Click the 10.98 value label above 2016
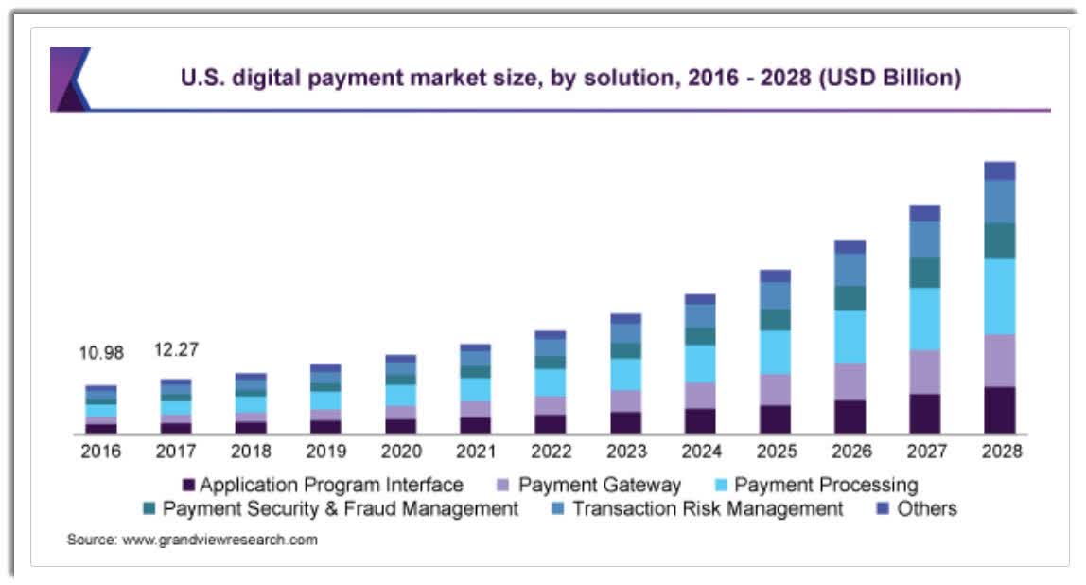pyautogui.click(x=102, y=353)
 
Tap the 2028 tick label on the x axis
pyautogui.click(x=1001, y=452)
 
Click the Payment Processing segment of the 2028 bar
pyautogui.click(x=1000, y=296)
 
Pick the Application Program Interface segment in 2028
pyautogui.click(x=1000, y=410)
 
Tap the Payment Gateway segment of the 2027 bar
pyautogui.click(x=925, y=372)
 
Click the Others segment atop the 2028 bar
pyautogui.click(x=1000, y=170)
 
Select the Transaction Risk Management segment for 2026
pyautogui.click(x=850, y=270)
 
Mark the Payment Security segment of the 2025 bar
pyautogui.click(x=775, y=319)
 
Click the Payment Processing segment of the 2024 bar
pyautogui.click(x=700, y=363)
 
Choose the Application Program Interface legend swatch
pyautogui.click(x=188, y=486)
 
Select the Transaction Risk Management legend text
pyautogui.click(x=708, y=509)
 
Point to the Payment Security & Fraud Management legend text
pyautogui.click(x=341, y=509)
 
